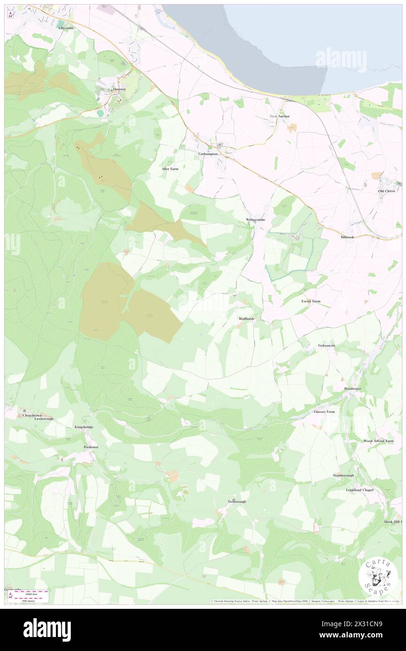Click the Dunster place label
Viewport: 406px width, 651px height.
[x=117, y=89]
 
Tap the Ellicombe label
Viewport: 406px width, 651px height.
[x=66, y=28]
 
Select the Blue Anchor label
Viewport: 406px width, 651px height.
[x=279, y=116]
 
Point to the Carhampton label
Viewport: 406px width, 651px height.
[x=209, y=154]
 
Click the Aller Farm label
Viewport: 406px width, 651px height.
[x=170, y=169]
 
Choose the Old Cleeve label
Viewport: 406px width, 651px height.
[x=388, y=191]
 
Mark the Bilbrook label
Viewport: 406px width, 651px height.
[x=348, y=237]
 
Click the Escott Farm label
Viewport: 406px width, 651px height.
[x=311, y=301]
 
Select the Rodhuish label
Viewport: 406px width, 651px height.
[x=246, y=318]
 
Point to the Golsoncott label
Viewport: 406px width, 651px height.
[x=326, y=346]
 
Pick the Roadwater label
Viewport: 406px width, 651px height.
[x=353, y=389]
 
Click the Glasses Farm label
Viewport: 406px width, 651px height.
[x=324, y=412]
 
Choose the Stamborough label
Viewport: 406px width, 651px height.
[x=343, y=475]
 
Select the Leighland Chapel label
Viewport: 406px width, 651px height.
[x=360, y=490]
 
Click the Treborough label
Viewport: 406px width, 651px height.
[x=237, y=502]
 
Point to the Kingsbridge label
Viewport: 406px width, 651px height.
[x=83, y=427]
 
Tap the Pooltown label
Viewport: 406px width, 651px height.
[x=90, y=448]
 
